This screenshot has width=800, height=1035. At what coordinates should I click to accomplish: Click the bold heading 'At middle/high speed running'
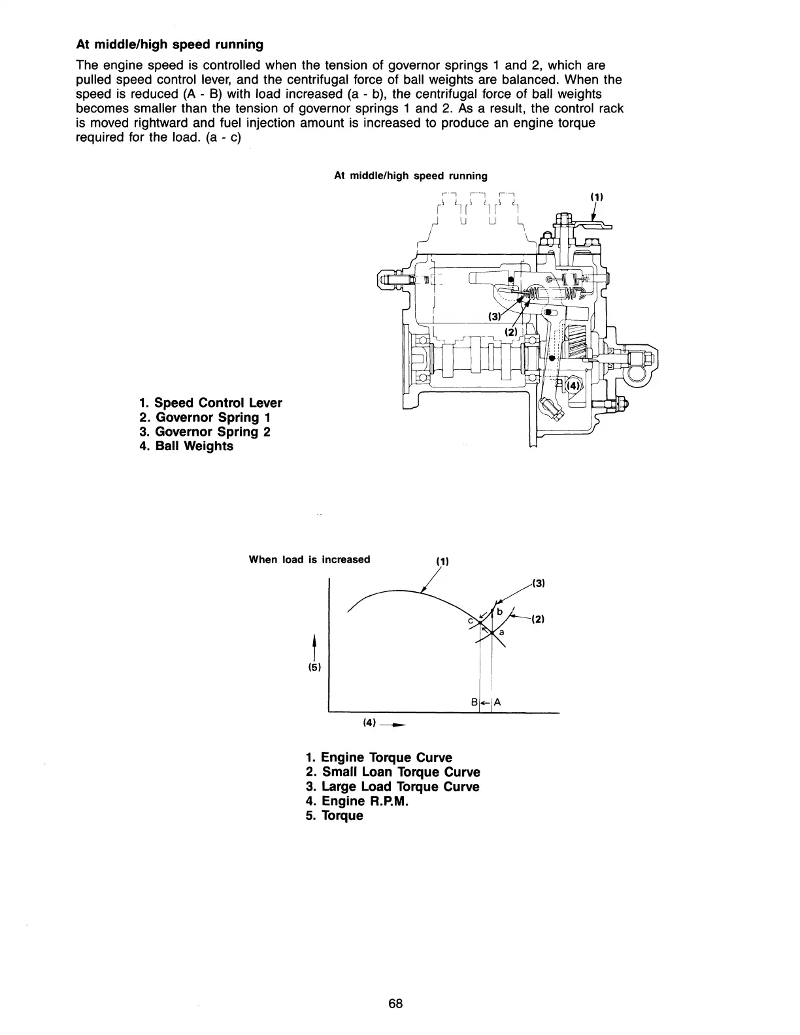169,44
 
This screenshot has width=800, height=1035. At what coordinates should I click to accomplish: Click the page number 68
395,1004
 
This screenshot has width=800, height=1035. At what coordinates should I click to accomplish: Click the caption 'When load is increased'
310,559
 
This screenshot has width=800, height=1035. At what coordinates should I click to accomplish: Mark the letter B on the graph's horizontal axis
474,702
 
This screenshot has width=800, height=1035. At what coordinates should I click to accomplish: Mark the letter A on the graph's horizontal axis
497,702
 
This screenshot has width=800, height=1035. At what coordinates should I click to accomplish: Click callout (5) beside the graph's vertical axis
315,668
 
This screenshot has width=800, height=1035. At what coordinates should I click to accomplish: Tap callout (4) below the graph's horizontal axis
369,723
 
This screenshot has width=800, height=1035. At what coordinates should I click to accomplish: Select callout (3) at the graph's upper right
539,583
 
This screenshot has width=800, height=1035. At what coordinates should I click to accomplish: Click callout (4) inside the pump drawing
573,386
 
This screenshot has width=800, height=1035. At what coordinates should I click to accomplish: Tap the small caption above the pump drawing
410,176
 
